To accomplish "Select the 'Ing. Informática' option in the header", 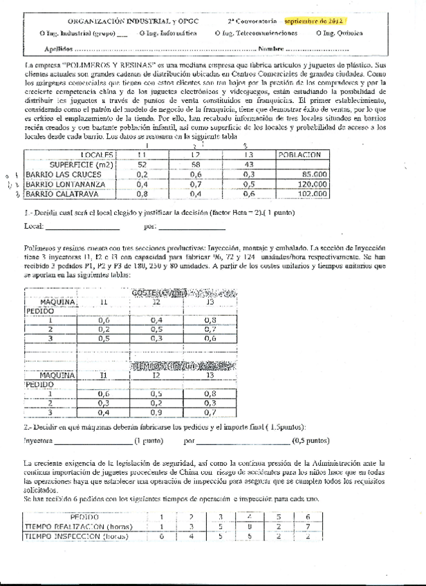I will [168, 32].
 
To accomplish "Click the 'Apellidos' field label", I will [57, 49].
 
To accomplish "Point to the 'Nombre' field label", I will [270, 49].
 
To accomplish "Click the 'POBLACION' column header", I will [301, 155].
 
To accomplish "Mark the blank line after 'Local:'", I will [77, 227].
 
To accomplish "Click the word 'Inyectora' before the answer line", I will [37, 439].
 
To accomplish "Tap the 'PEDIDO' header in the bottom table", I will [84, 516].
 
